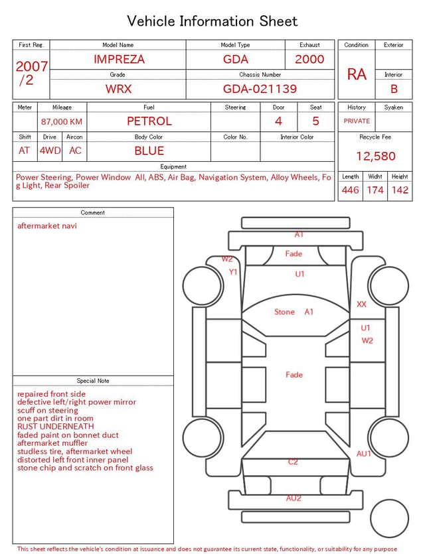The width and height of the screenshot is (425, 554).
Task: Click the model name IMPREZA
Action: pyautogui.click(x=119, y=59)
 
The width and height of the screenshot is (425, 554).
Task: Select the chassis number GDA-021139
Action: pyautogui.click(x=260, y=89)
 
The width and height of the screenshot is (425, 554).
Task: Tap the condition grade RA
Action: pyautogui.click(x=357, y=74)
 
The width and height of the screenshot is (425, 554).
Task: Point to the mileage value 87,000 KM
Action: pyautogui.click(x=62, y=122)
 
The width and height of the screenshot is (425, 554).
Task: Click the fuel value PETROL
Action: pyautogui.click(x=149, y=121)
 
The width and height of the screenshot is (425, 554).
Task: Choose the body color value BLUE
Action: pyautogui.click(x=149, y=151)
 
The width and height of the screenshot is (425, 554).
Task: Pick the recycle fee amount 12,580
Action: pyautogui.click(x=375, y=156)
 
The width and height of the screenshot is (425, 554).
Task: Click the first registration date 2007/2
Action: pyautogui.click(x=31, y=73)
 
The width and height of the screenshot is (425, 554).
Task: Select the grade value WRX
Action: pyautogui.click(x=118, y=89)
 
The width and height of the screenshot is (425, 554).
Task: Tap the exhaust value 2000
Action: pyautogui.click(x=309, y=59)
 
